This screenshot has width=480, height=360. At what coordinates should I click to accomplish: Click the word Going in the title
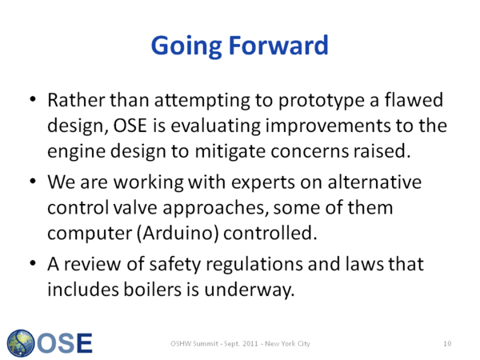pyautogui.click(x=186, y=46)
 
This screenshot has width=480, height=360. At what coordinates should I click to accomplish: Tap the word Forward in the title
pyautogui.click(x=278, y=45)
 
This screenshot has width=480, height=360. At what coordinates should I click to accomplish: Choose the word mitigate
pyautogui.click(x=230, y=151)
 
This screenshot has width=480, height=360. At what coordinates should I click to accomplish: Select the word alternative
pyautogui.click(x=374, y=182)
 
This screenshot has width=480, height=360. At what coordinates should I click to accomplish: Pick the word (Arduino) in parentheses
pyautogui.click(x=178, y=234)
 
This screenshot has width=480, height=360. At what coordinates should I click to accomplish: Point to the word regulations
pyautogui.click(x=254, y=265)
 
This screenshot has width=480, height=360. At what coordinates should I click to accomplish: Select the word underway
pyautogui.click(x=249, y=290)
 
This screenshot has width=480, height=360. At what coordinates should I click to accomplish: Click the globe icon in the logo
pyautogui.click(x=21, y=343)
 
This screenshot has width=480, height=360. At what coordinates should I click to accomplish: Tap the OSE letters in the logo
pyautogui.click(x=65, y=343)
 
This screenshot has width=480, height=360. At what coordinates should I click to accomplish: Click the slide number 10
pyautogui.click(x=447, y=343)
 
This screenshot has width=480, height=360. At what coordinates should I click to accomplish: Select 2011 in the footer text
pyautogui.click(x=250, y=343)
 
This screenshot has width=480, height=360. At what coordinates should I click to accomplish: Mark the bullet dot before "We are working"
pyautogui.click(x=33, y=181)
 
